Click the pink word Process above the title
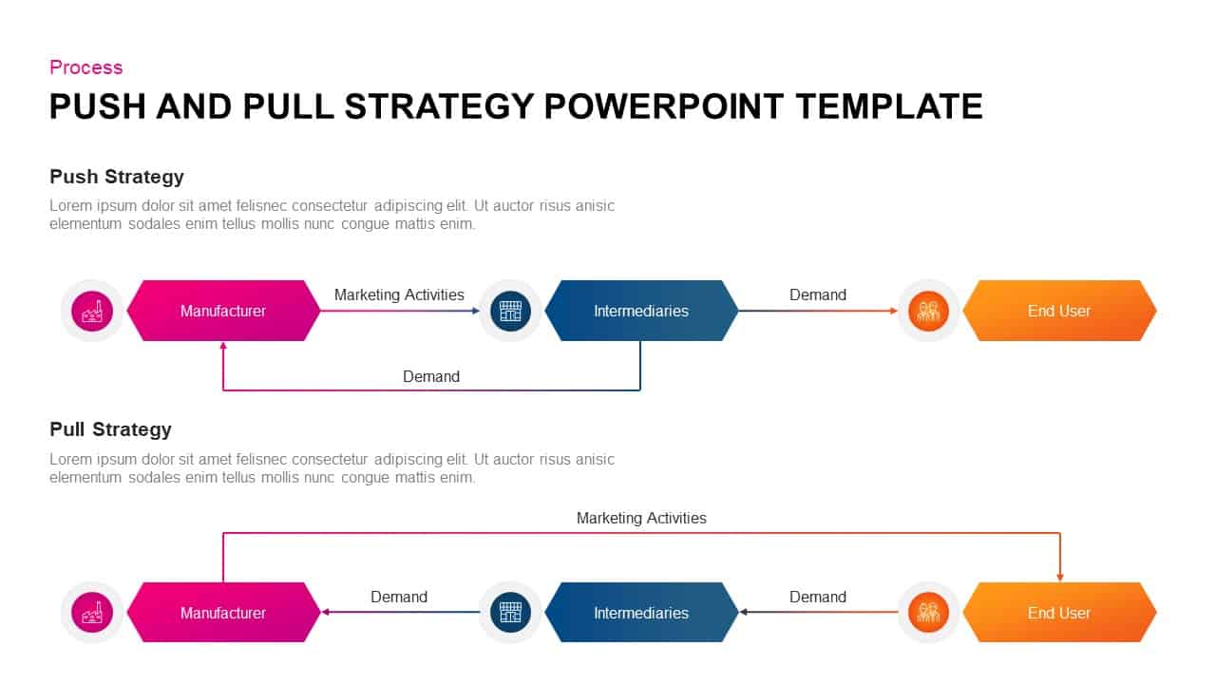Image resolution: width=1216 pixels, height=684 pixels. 85,67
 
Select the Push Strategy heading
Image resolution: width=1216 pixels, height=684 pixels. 116,177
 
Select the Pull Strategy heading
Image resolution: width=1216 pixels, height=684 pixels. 110,429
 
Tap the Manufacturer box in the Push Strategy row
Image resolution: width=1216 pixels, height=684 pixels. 223,311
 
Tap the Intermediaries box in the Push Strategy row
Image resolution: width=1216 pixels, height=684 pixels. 641,311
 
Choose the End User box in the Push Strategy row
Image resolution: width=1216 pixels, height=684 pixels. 1059,311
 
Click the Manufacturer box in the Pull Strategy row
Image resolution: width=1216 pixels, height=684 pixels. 223,613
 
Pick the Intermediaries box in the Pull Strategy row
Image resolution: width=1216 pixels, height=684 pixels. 641,613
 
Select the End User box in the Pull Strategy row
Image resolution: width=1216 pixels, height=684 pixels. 1059,613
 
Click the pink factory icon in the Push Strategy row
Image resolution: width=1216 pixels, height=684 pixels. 92,311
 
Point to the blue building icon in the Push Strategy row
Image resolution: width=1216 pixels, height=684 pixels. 510,311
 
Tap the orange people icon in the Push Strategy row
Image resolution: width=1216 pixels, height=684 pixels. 928,311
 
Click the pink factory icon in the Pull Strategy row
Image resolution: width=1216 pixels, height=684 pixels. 92,613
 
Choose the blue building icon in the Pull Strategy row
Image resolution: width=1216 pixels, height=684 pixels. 510,613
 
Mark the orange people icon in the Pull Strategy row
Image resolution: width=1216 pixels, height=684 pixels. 928,613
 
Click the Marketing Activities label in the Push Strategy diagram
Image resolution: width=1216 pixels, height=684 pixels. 399,294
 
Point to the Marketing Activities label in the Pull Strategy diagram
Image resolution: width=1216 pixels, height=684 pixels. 641,518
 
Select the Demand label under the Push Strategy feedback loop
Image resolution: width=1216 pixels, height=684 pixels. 430,376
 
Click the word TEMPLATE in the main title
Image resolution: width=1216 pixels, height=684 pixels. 888,106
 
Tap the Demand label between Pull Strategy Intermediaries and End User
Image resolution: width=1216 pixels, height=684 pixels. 817,597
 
